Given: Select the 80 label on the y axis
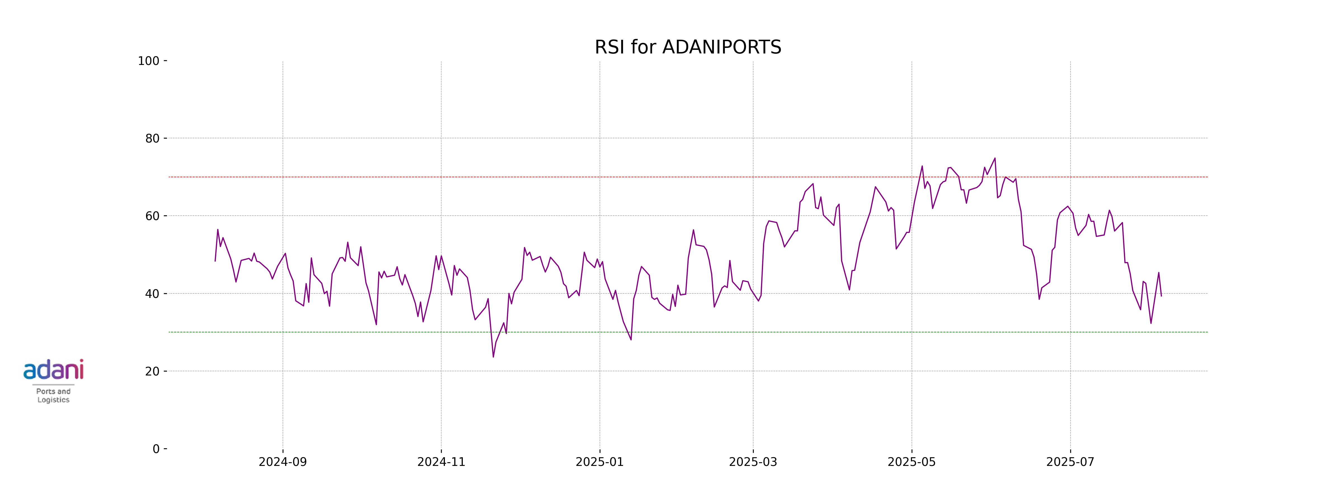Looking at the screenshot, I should [152, 139].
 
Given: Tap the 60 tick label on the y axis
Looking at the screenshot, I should [152, 216].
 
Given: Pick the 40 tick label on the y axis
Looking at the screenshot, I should [152, 294].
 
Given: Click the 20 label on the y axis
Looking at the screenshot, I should [152, 372].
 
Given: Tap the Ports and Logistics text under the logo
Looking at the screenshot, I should [53, 395].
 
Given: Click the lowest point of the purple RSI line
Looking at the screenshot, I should [493, 357].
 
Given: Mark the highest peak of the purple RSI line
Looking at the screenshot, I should [995, 158].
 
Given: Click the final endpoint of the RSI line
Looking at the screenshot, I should [1161, 296].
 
